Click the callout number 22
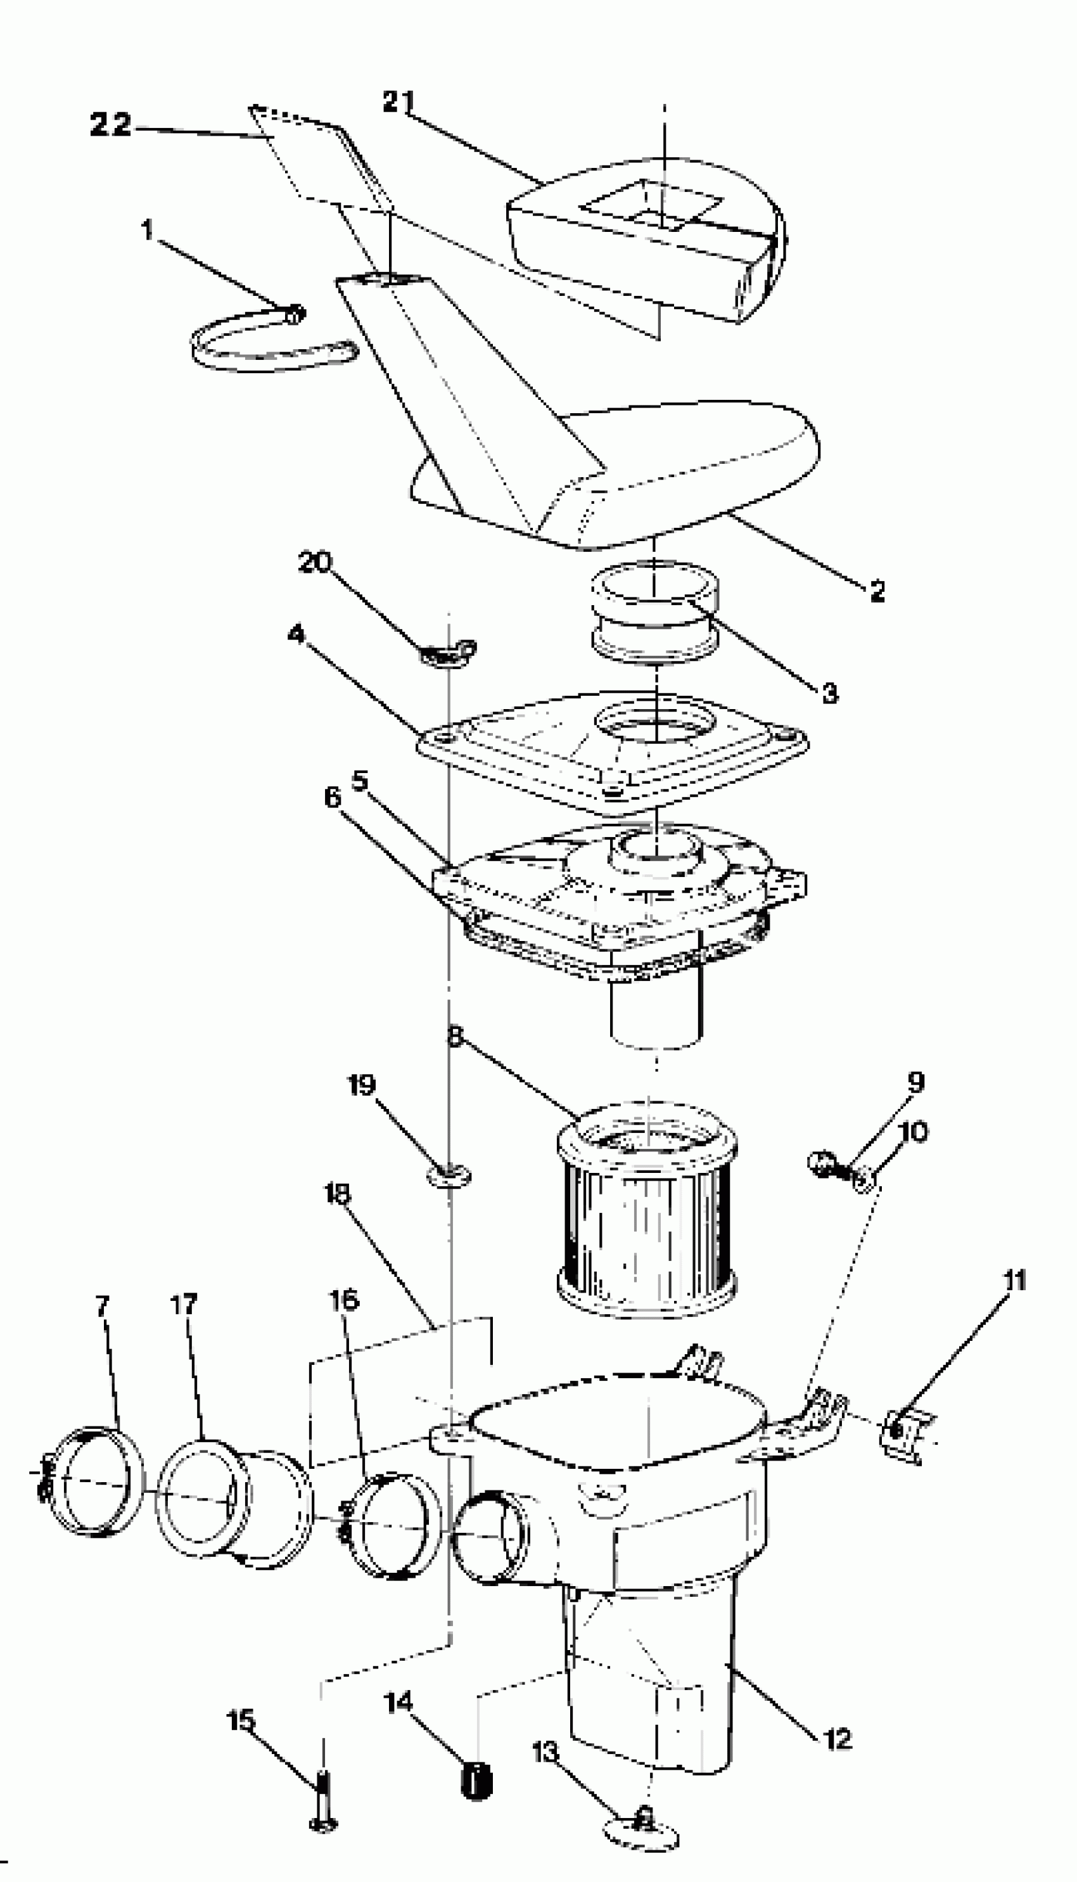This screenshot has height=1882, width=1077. [110, 124]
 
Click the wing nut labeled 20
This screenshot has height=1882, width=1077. [447, 653]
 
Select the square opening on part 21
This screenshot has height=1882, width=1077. [651, 203]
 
